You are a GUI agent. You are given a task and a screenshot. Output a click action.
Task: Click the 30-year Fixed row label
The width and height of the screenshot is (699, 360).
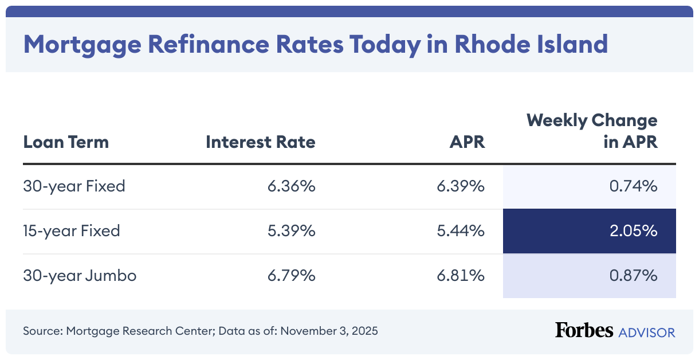click(74, 186)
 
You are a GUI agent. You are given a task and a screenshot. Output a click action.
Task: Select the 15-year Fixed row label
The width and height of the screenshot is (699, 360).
click(72, 231)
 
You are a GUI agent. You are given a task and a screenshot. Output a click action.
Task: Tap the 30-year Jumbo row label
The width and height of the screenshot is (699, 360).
click(80, 276)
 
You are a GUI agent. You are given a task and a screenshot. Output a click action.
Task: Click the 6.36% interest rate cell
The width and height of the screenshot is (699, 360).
click(291, 186)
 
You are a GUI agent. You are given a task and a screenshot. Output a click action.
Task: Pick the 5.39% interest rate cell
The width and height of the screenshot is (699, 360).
click(291, 231)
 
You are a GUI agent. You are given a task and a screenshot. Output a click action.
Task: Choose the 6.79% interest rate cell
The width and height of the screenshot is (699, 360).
click(291, 276)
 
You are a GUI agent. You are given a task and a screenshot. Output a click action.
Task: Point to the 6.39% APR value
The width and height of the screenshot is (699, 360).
click(461, 186)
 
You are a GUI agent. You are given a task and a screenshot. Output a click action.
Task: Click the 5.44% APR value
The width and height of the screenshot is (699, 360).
click(461, 231)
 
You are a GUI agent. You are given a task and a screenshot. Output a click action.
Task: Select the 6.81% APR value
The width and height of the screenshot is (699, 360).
click(461, 276)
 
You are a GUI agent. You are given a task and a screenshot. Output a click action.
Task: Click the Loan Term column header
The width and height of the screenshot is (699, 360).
click(66, 142)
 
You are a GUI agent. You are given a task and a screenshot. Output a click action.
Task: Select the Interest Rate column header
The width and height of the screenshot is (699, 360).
click(260, 142)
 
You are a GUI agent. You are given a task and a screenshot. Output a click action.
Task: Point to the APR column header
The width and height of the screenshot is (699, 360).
click(467, 142)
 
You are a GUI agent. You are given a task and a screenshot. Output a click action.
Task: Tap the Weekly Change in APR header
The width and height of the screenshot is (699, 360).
click(592, 131)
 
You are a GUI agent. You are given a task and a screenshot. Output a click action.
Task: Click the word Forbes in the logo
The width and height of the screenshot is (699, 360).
click(584, 331)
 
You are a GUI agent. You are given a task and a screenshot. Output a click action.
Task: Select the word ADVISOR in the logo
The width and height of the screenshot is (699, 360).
click(646, 332)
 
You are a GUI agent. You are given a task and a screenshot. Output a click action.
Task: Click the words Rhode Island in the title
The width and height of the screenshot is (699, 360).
click(531, 44)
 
